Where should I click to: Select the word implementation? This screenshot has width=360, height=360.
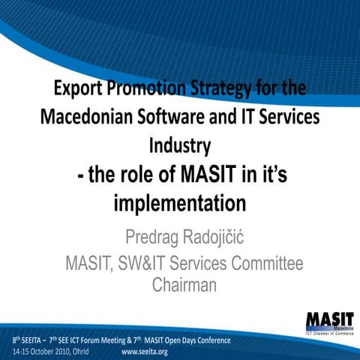point(179,202)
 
